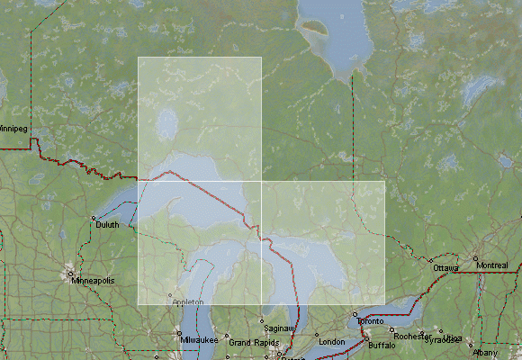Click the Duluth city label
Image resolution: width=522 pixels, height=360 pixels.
pos(107,225)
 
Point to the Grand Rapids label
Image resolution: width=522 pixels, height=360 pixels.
pos(251,343)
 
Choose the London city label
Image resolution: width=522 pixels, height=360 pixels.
pos(332,342)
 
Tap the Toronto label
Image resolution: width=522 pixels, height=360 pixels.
pos(371,321)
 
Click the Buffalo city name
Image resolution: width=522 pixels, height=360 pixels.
pos(382,346)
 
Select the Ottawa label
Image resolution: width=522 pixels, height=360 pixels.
pos(445,268)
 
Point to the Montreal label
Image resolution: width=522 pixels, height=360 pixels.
pos(492,265)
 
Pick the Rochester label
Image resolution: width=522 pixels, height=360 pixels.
pos(412,337)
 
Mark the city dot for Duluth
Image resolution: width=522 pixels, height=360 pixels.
pos(94,219)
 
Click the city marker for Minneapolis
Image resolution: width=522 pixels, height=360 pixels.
pos(69,274)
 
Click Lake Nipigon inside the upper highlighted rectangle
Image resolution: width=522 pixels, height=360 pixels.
pos(166,122)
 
